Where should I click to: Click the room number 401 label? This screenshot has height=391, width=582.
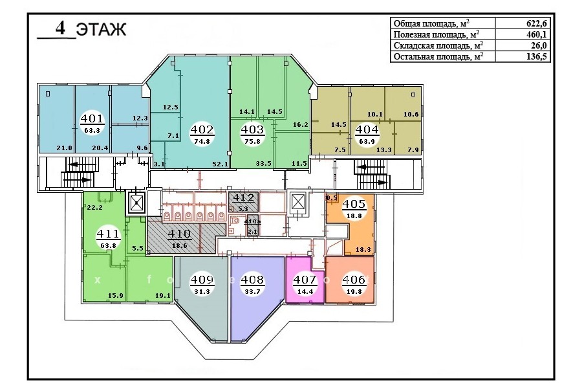coord(92,119)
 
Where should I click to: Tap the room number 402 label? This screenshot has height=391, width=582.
coord(202,129)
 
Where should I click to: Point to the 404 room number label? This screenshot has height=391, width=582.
coord(367,129)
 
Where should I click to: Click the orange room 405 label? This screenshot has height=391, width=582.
coord(354,204)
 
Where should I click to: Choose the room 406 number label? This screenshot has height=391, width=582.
coord(354,280)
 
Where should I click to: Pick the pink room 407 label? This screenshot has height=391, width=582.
coord(305,280)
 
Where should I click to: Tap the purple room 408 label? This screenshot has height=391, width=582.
coord(252,280)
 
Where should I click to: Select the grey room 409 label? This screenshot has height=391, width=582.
coord(202,280)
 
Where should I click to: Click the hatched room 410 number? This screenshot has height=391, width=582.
coord(179,234)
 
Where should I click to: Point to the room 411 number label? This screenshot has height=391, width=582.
coord(108,234)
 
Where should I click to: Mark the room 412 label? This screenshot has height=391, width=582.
coord(242,197)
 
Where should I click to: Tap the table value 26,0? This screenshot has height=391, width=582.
coord(539,46)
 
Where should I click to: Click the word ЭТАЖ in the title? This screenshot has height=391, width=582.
coord(102,30)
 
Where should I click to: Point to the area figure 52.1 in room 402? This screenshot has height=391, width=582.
coord(220,164)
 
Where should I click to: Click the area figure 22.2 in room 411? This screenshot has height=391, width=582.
coord(94,207)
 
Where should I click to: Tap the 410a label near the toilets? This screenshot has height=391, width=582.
coord(252,222)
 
